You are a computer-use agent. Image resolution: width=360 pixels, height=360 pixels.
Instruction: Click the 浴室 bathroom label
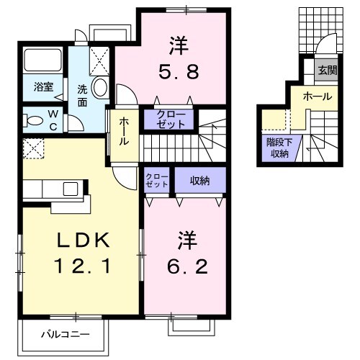pyautogui.click(x=42, y=86)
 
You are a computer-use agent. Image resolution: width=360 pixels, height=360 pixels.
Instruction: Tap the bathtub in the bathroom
pyautogui.click(x=43, y=62)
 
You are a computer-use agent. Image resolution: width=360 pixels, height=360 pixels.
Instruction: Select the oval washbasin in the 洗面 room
pyautogui.click(x=99, y=88)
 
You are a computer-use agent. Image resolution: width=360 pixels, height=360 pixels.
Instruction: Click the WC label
pyautogui.click(x=55, y=120)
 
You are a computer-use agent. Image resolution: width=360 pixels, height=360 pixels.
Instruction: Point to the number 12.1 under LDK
pyautogui.click(x=81, y=268)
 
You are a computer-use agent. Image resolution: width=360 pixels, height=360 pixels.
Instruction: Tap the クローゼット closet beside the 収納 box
pyautogui.click(x=156, y=180)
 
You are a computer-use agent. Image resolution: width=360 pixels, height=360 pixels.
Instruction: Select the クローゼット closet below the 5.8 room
pyautogui.click(x=170, y=118)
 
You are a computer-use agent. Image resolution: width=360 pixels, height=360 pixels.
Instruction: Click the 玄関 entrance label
pyautogui.click(x=326, y=70)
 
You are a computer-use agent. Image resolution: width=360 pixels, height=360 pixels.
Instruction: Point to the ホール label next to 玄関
pyautogui.click(x=317, y=96)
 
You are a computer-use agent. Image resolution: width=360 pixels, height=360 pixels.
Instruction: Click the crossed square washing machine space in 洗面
pyautogui.click(x=99, y=58)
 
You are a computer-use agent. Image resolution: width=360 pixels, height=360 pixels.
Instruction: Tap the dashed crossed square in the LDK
pyautogui.click(x=33, y=150)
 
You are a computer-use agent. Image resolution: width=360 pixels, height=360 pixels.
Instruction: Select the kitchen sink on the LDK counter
pyautogui.click(x=71, y=188)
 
